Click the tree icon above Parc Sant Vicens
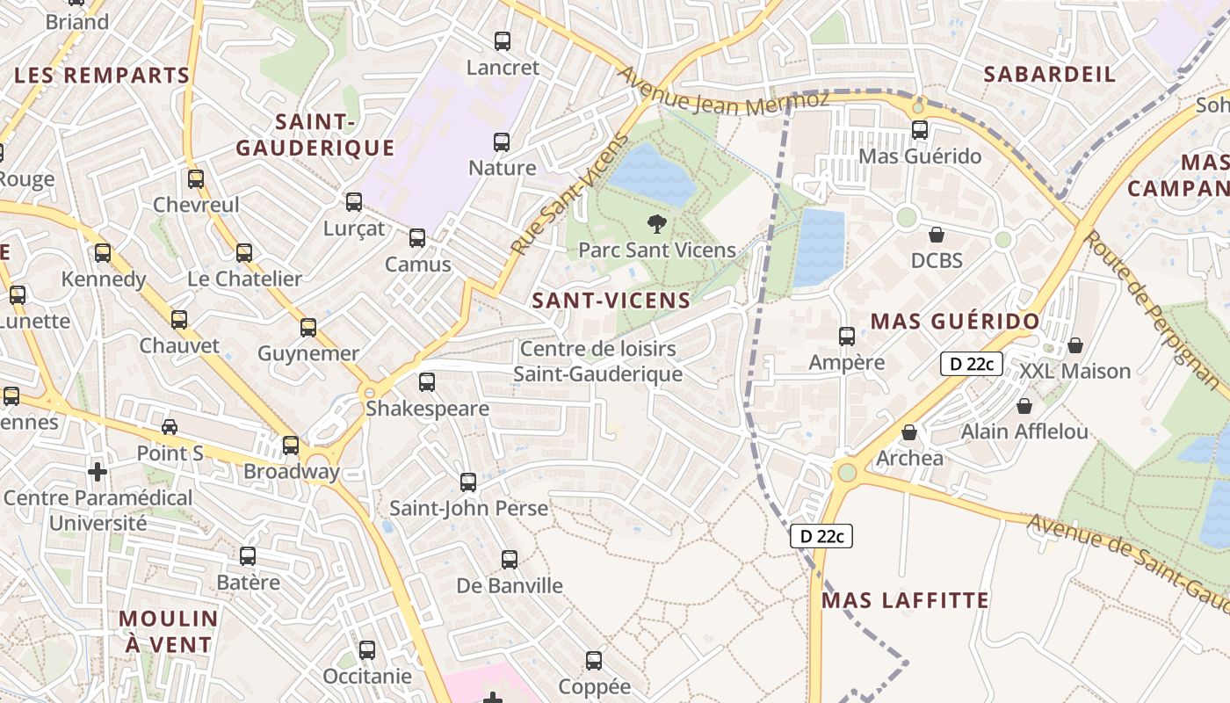tap(656, 224)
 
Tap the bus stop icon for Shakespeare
tap(427, 382)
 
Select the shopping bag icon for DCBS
tap(937, 236)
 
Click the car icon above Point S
tap(170, 427)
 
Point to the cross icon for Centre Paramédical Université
tap(98, 473)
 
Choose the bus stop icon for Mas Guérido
tap(920, 131)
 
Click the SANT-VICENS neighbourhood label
tap(611, 301)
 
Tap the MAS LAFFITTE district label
tap(905, 600)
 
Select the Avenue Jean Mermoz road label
tap(724, 91)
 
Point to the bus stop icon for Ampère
tap(847, 337)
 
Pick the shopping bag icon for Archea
tap(909, 433)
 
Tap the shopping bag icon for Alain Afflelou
tap(1024, 406)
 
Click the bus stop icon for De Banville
tap(510, 560)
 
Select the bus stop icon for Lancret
tap(503, 41)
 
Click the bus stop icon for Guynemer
tap(308, 328)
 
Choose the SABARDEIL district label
tap(1049, 74)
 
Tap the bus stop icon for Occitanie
tap(367, 650)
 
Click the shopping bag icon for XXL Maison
tap(1075, 345)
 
